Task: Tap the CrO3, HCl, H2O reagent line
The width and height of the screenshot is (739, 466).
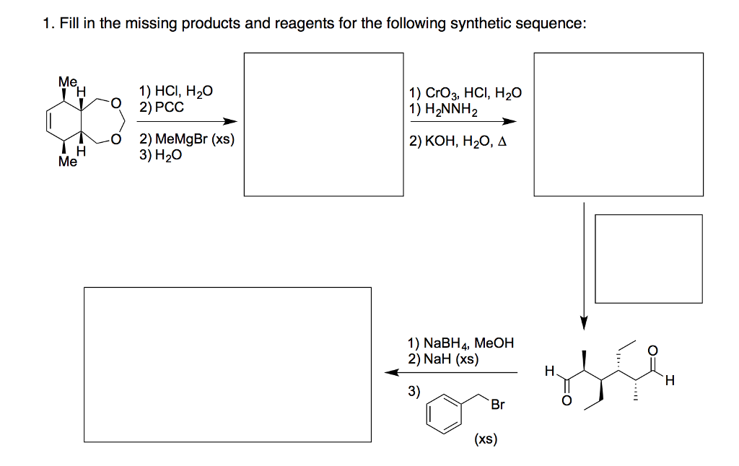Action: [x=465, y=94]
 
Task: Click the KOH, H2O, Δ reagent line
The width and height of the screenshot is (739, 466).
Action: [x=458, y=141]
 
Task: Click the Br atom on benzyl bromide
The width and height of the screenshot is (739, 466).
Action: [x=497, y=405]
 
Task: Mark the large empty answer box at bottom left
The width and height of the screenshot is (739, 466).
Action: [x=227, y=364]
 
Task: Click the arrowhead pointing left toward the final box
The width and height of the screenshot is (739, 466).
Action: [x=390, y=372]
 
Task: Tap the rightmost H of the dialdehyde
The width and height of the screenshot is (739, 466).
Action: [x=669, y=382]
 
